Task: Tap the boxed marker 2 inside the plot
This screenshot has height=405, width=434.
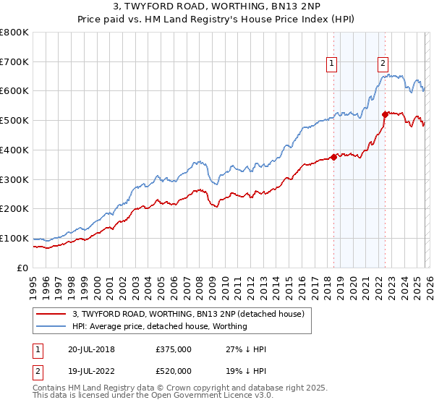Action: [x=383, y=63]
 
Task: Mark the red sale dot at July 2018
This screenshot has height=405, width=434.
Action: [x=333, y=157]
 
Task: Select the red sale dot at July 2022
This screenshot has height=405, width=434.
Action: [x=385, y=114]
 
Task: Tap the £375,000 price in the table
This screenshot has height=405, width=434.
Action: [x=174, y=349]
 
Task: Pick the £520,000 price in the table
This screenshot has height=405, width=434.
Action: [x=174, y=370]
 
